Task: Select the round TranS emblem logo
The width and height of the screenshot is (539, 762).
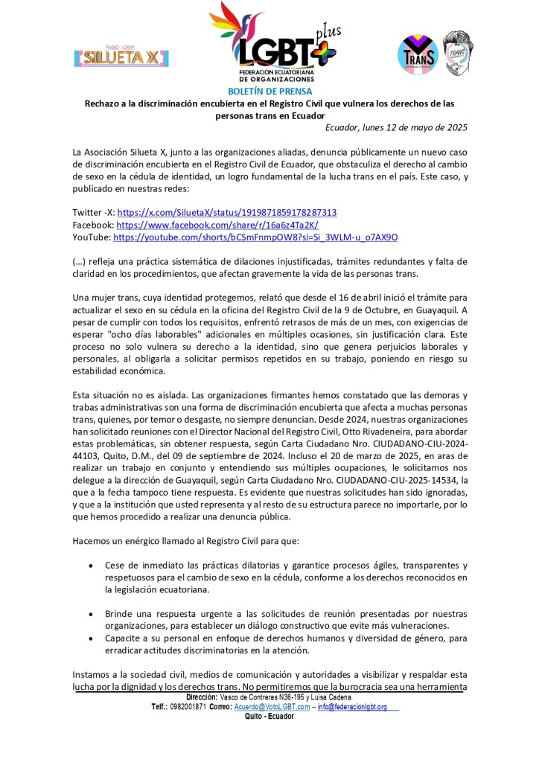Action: (x=418, y=53)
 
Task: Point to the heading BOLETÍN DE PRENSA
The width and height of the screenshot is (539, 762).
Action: (x=269, y=91)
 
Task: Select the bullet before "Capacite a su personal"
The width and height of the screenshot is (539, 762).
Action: (x=90, y=638)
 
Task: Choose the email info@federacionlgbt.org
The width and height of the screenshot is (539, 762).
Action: (x=353, y=706)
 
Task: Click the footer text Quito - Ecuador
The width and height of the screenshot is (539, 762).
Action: (x=269, y=716)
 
